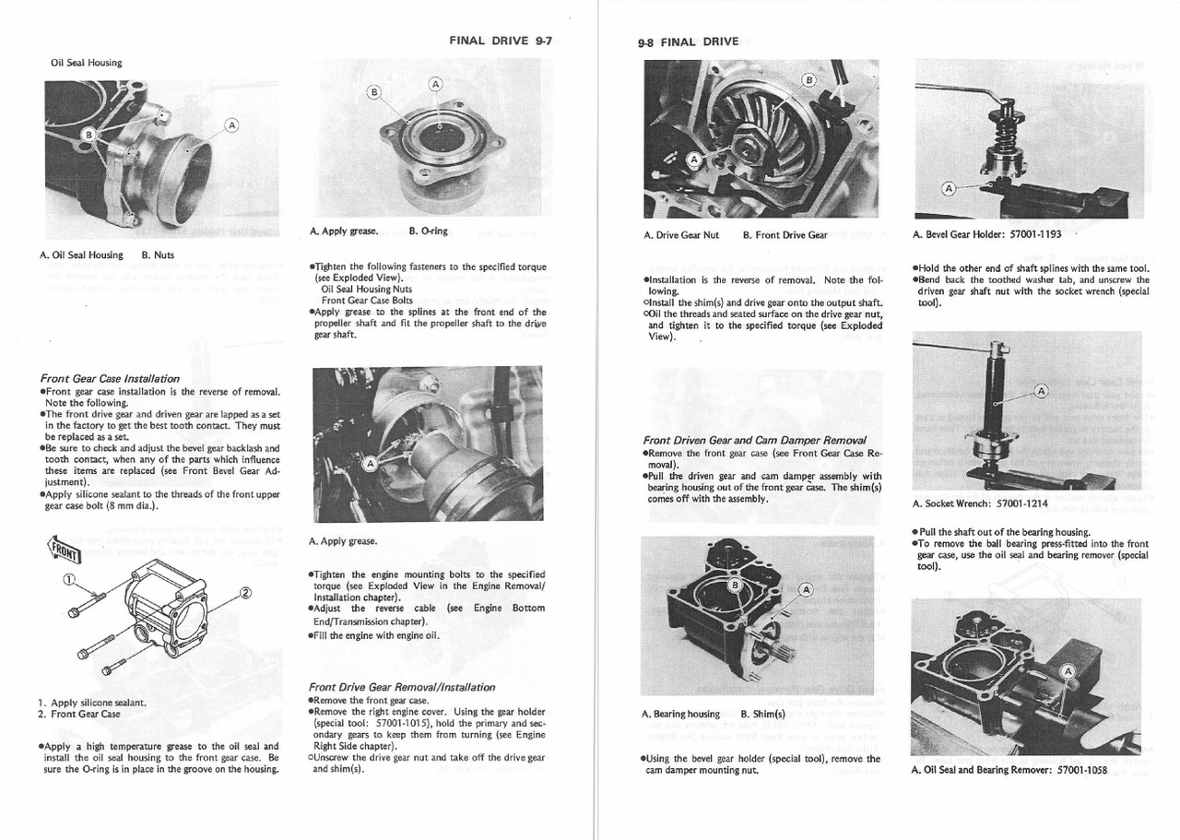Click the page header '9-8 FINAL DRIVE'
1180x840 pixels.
[x=688, y=41]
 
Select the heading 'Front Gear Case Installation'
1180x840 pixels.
[x=110, y=378]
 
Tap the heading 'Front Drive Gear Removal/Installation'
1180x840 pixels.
[x=403, y=687]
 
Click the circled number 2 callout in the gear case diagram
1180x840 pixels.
[x=245, y=592]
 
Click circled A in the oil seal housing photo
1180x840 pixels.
[x=230, y=124]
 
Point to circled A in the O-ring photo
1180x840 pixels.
[x=435, y=84]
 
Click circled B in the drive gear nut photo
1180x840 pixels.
[x=808, y=78]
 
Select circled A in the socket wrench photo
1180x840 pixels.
[x=1042, y=391]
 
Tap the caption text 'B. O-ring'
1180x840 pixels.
[x=429, y=231]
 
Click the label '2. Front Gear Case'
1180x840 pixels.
[x=79, y=714]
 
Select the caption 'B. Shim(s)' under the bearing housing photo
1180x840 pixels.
[x=762, y=714]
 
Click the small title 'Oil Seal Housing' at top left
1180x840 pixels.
[x=87, y=63]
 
